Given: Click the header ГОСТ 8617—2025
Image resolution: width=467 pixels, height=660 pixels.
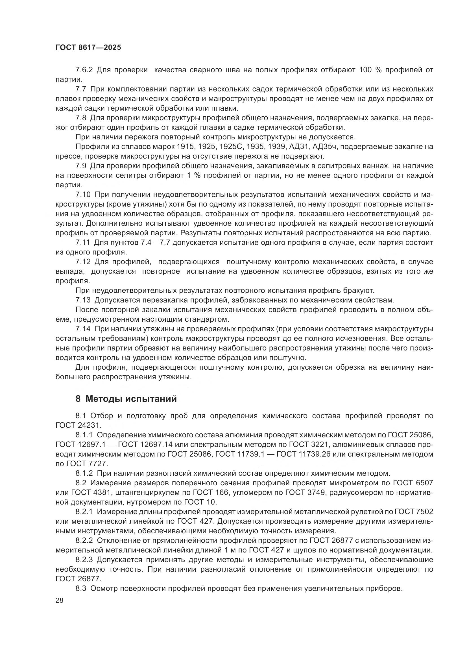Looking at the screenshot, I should [88, 48].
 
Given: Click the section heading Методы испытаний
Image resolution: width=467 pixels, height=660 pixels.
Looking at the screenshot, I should [131, 399].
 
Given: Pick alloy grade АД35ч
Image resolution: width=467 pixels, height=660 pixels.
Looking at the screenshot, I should [324, 147].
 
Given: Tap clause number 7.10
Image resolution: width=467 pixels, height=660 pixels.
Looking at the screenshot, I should [83, 195].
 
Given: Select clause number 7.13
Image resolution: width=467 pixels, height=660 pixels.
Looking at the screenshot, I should [83, 300].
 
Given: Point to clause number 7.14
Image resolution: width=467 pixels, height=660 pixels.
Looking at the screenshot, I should [83, 329].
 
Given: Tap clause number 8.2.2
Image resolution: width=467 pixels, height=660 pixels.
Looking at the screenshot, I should [84, 540].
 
